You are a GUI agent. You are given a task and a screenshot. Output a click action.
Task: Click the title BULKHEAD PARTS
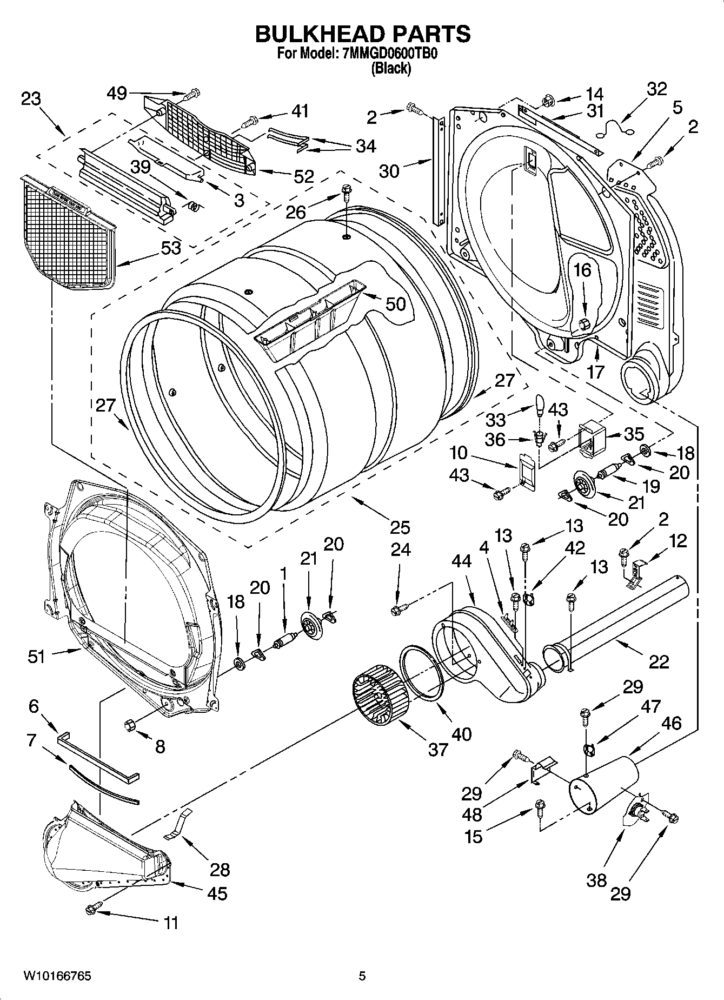(x=362, y=34)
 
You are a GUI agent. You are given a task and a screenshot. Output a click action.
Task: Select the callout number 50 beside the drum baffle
(x=395, y=303)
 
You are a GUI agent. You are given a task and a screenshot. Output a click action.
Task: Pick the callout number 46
(x=671, y=723)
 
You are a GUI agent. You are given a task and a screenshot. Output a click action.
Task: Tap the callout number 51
(x=37, y=657)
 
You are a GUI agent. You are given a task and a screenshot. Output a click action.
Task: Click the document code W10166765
(x=57, y=976)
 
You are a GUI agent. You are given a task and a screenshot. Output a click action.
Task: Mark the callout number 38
(x=596, y=880)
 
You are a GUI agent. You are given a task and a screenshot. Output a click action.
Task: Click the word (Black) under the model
(x=390, y=68)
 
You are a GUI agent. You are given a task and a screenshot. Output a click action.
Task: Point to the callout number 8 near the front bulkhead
(x=160, y=747)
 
